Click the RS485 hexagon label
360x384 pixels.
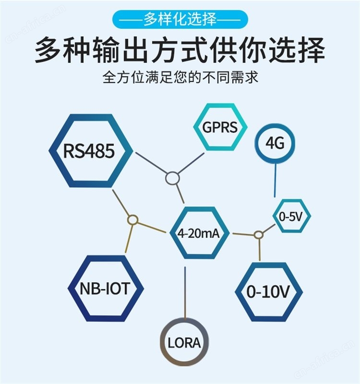click(89, 151)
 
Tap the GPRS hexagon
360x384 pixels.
click(220, 127)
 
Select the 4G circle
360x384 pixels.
click(275, 143)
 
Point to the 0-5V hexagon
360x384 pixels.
click(291, 216)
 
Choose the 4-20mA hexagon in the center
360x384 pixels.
click(199, 233)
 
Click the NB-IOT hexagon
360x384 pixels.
click(105, 288)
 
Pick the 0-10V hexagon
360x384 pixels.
click(268, 291)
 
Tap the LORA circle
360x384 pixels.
click(184, 342)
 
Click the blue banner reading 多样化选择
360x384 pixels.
click(180, 19)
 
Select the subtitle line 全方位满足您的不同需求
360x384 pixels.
click(180, 77)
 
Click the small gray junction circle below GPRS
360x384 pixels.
click(172, 178)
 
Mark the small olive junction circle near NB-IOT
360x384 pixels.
click(133, 219)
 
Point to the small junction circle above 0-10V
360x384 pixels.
click(258, 235)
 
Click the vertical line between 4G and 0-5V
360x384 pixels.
click(275, 180)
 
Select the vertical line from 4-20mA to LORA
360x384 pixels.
click(185, 293)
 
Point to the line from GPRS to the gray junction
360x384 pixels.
click(191, 163)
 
